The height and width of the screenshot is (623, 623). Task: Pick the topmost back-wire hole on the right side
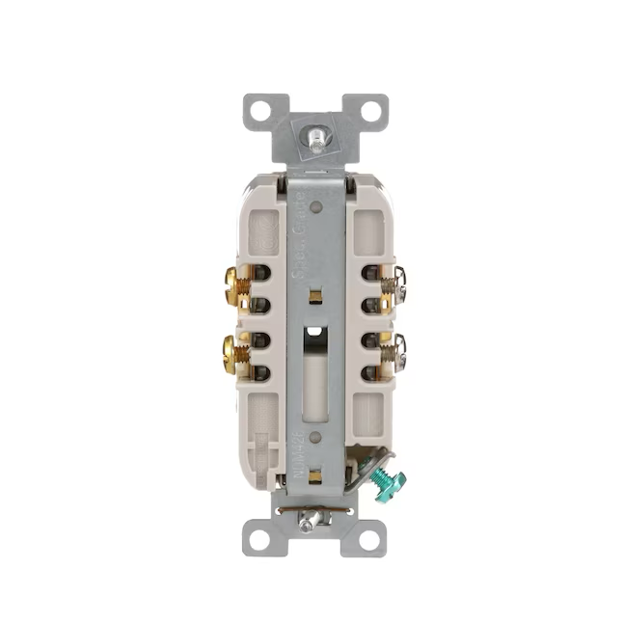coord(368,273)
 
